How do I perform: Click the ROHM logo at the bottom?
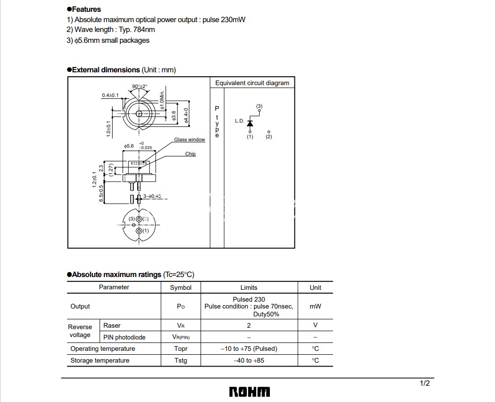[249, 392]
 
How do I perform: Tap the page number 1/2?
[425, 383]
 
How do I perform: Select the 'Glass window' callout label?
[190, 140]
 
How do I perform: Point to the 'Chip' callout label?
[190, 154]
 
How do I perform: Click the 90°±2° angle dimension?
[140, 87]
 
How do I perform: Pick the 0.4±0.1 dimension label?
[110, 95]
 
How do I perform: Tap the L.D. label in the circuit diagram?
[239, 121]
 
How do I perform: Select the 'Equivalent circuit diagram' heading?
[252, 83]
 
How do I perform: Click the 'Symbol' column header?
[181, 287]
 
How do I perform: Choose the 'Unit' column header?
[315, 287]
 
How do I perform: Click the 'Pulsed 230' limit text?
[249, 299]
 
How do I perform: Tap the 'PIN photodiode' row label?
[124, 337]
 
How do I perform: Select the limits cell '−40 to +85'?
[249, 361]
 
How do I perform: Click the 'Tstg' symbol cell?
[181, 361]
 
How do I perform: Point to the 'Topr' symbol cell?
[181, 349]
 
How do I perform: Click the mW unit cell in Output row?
[315, 306]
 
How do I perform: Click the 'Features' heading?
[86, 9]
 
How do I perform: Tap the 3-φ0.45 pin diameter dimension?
[152, 196]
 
